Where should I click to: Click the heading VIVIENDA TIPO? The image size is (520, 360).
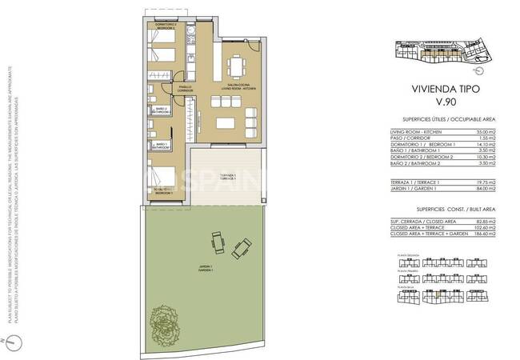[x=440, y=91]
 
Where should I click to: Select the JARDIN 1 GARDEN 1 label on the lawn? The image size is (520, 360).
[x=195, y=270]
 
